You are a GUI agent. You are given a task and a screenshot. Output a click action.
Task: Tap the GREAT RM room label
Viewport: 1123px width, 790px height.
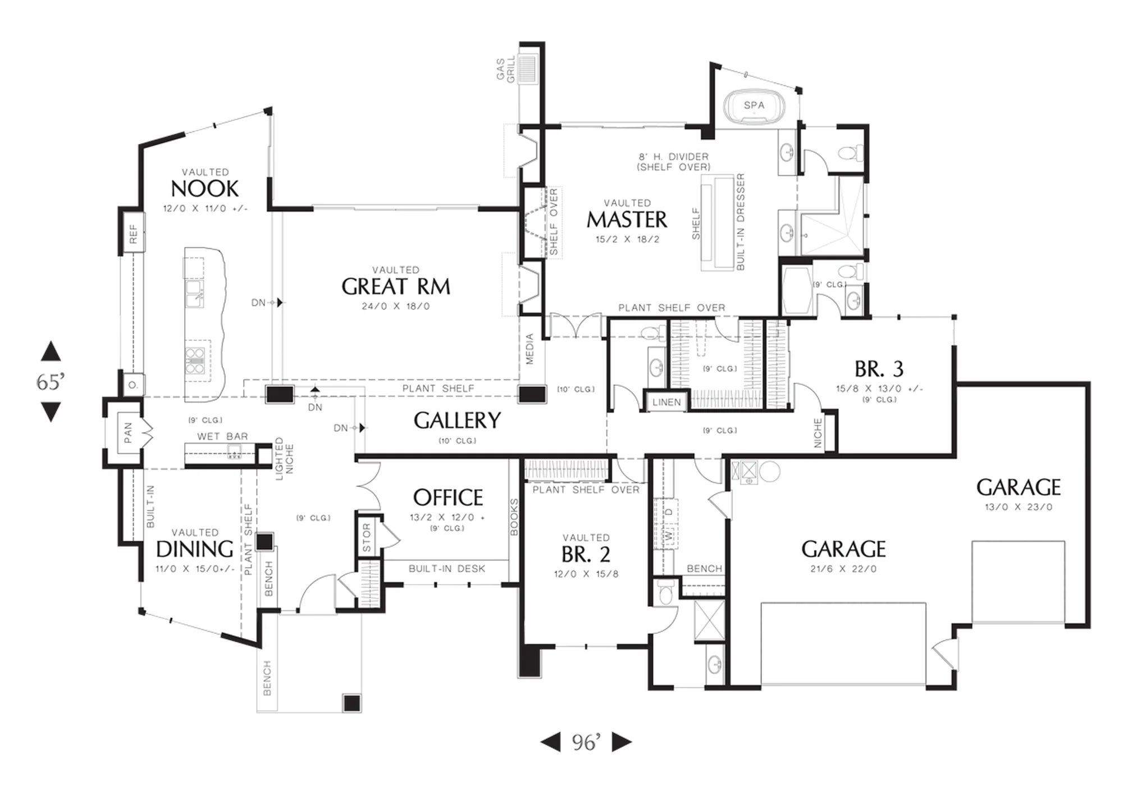coord(396,287)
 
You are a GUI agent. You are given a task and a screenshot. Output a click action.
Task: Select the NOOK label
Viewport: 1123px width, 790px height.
coord(205,189)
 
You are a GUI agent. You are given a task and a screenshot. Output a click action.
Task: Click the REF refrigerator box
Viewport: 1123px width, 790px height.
coord(133,234)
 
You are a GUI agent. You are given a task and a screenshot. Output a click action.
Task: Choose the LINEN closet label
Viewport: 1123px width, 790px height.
coord(667,402)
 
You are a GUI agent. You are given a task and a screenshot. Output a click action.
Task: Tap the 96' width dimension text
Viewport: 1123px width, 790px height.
coord(586,742)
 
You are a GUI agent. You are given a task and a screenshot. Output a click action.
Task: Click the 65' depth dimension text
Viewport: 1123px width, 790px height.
coord(51,382)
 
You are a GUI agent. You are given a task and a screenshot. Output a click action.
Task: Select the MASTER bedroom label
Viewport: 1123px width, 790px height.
coord(627,220)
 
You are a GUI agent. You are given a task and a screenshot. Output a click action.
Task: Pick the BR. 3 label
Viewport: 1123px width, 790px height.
coord(879,369)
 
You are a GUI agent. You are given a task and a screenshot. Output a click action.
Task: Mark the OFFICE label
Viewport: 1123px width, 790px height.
coord(448,497)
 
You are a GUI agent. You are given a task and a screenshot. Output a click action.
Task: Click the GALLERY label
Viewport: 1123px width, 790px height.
coord(457,421)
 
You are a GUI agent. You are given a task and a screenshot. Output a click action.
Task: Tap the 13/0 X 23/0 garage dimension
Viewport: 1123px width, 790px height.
coord(1019,507)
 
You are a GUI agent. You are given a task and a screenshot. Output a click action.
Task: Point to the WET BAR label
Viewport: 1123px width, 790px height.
coord(222,436)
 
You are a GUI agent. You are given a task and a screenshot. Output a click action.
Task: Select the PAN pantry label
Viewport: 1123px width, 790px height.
coord(128,433)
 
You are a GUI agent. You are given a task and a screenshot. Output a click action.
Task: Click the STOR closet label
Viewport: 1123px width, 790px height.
coord(367,537)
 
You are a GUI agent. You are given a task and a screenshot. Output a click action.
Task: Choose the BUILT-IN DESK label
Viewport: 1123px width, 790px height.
coord(447,569)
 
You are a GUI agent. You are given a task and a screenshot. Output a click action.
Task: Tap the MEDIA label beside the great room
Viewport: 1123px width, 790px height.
coord(529,349)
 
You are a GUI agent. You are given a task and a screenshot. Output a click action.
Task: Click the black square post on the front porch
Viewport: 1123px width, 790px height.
coord(352,703)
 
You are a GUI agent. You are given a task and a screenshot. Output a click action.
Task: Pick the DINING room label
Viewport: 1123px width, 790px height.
coord(194,549)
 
